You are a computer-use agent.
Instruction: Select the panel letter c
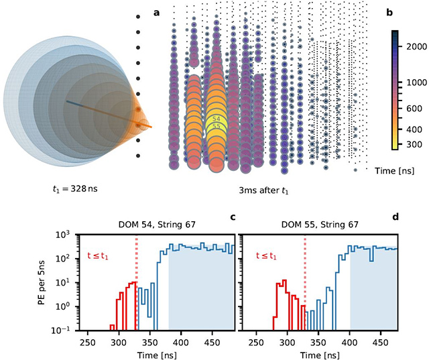232,217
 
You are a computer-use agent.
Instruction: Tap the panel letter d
394,217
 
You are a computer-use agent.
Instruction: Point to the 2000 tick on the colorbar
414,46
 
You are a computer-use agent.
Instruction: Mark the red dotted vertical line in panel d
305,282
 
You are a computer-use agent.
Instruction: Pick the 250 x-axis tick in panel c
86,343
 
